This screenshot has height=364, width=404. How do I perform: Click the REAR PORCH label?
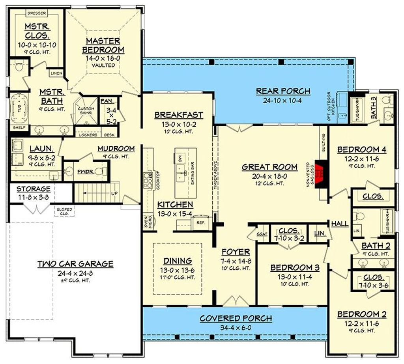click(x=283, y=91)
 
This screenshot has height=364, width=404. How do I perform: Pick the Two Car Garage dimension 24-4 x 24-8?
click(x=75, y=273)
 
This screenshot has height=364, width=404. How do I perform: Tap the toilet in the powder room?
click(x=102, y=171)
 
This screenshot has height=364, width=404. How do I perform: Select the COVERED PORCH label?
click(x=236, y=318)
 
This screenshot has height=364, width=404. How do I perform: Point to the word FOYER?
click(x=236, y=252)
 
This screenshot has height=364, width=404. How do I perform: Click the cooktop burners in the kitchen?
click(x=150, y=179)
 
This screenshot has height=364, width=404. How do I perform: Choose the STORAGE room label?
click(x=33, y=189)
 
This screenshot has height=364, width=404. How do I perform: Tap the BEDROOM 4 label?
click(x=361, y=150)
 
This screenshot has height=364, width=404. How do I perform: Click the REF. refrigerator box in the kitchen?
click(x=200, y=223)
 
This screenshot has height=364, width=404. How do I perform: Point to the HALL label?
click(x=340, y=224)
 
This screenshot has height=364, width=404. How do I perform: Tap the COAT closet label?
click(x=262, y=233)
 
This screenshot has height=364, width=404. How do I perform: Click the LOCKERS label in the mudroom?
click(x=88, y=135)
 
